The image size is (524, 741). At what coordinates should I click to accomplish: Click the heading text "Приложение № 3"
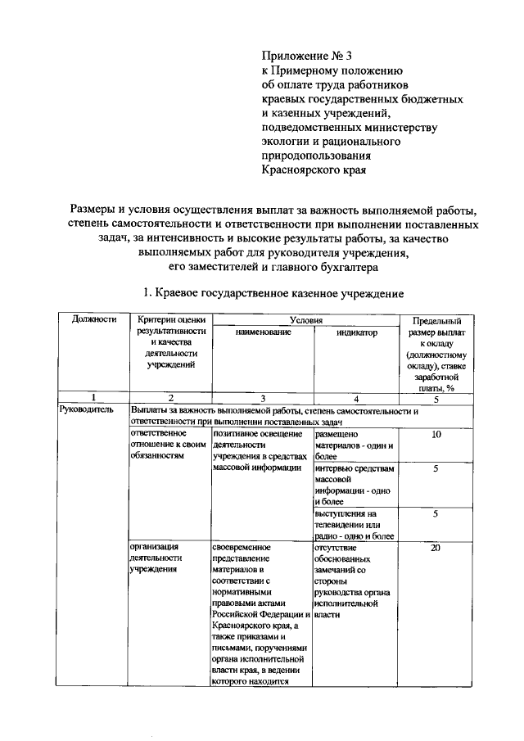coord(306,56)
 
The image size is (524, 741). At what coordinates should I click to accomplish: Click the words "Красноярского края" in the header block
coord(314,170)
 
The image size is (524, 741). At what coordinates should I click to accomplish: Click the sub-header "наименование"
coord(262,333)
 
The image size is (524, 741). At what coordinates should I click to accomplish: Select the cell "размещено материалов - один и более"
coord(355,445)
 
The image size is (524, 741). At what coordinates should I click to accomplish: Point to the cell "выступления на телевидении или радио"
coord(355,525)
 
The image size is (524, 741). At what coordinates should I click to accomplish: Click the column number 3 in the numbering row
coord(262,399)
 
